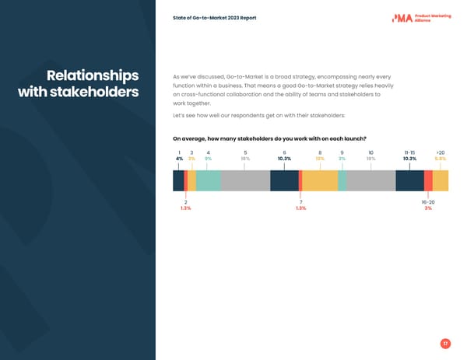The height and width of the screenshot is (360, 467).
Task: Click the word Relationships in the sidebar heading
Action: click(x=93, y=76)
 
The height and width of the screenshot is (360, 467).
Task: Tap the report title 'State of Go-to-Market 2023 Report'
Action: click(x=215, y=18)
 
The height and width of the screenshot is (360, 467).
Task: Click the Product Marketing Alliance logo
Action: click(x=421, y=18)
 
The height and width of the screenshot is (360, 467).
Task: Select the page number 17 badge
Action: click(x=444, y=344)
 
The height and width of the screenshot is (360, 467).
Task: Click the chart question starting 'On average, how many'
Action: click(x=269, y=139)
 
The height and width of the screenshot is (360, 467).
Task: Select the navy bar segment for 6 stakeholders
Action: click(x=284, y=180)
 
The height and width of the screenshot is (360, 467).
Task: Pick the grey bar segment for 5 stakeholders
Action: click(x=245, y=180)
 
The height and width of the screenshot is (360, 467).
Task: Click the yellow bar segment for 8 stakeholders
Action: click(x=320, y=180)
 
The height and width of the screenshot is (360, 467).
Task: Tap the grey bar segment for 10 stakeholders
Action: click(x=370, y=180)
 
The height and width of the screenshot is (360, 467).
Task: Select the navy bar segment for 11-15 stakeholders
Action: click(x=409, y=180)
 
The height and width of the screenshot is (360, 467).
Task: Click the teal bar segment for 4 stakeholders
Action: click(x=208, y=180)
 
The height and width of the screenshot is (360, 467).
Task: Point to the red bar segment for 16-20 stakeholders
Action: click(x=428, y=180)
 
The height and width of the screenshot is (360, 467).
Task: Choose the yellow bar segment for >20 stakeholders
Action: click(x=441, y=180)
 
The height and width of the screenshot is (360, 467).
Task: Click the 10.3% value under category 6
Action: click(x=284, y=159)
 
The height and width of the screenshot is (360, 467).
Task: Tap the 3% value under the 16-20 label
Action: click(x=428, y=208)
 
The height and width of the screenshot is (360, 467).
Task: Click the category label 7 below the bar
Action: click(x=300, y=202)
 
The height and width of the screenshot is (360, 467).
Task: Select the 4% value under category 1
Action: click(x=179, y=159)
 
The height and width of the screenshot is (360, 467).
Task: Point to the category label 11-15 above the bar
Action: click(x=409, y=152)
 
